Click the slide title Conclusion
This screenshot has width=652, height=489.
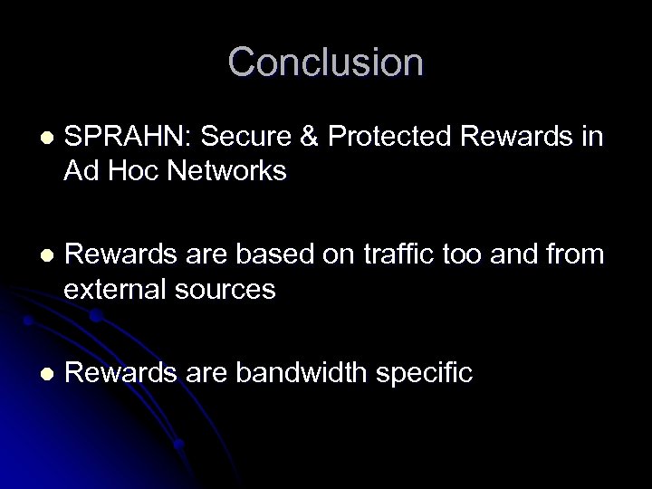pyautogui.click(x=325, y=62)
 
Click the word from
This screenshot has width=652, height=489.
pyautogui.click(x=572, y=257)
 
